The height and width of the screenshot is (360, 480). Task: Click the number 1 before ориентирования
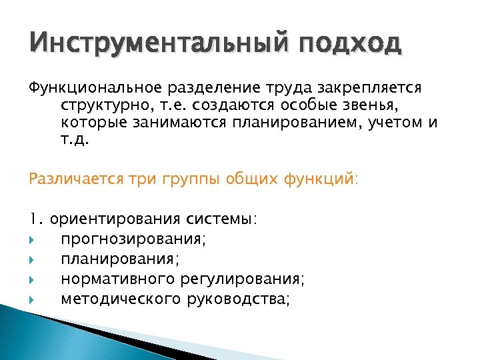(x=33, y=219)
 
